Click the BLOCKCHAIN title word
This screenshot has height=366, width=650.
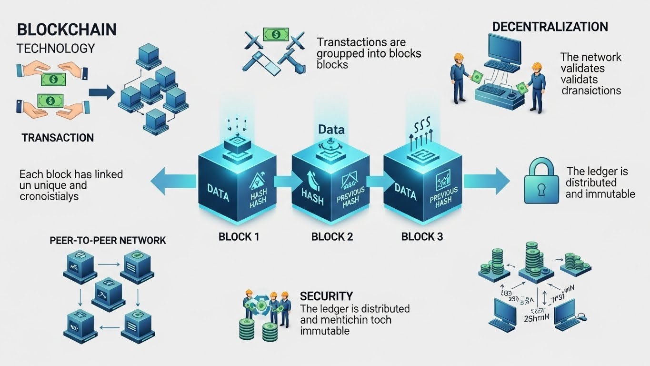coord(66,30)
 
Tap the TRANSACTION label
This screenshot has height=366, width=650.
coord(58,138)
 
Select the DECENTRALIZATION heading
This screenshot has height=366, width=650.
coord(550,27)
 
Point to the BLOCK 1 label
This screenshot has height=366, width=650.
coord(239,236)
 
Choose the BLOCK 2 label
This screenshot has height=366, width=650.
coord(332,236)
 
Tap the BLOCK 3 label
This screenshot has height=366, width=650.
coord(422,236)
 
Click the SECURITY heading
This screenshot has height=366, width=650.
coord(326,296)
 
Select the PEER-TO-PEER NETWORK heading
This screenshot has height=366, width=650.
coord(108,240)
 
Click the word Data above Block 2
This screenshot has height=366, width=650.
coord(331,130)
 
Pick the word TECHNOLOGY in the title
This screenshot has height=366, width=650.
coord(56,48)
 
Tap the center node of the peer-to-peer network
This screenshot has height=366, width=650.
coord(108,289)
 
